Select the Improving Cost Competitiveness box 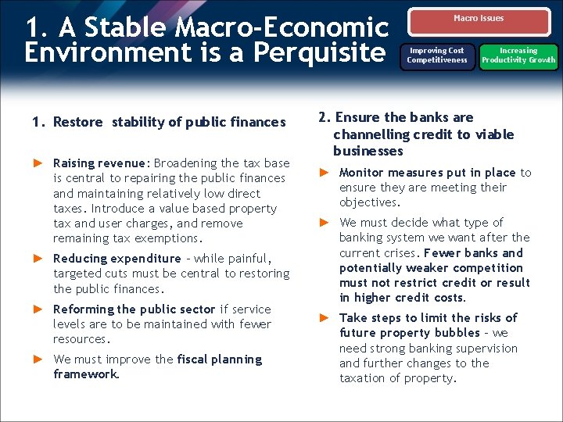pos(436,55)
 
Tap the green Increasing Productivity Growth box pos(518,55)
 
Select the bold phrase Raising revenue pos(100,163)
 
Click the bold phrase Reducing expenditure pos(117,259)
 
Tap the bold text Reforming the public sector pos(134,309)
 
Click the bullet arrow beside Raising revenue pos(37,163)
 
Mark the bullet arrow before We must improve pos(37,359)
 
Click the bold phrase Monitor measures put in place pos(427,173)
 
